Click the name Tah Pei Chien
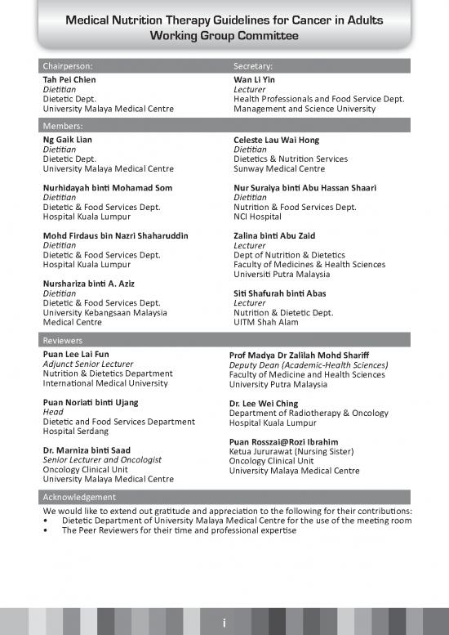69,80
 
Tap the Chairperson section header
73,65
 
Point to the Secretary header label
253,65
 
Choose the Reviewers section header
64,339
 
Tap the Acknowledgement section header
79,497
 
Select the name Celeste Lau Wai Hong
276,141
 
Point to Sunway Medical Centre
278,169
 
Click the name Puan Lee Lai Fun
75,355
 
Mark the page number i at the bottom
224,624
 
